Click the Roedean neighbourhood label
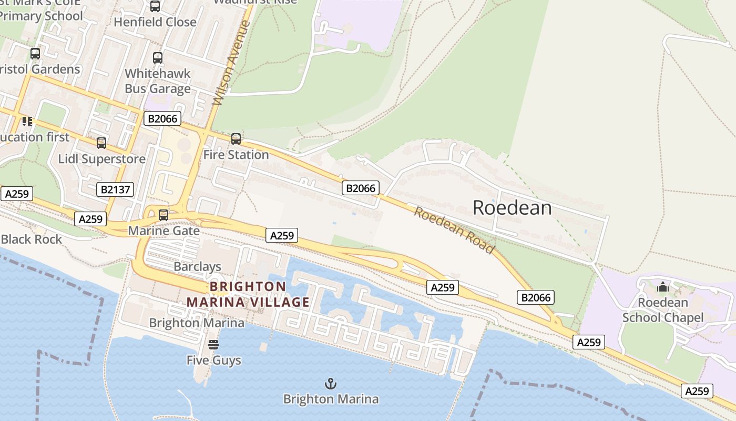[x=512, y=207]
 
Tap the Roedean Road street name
[x=454, y=230]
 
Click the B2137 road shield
[x=115, y=189]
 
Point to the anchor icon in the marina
[x=331, y=384]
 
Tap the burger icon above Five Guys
[x=213, y=345]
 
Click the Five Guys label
[x=213, y=360]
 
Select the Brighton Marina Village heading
[x=248, y=295]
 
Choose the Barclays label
[x=197, y=267]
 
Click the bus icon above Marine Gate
[x=163, y=215]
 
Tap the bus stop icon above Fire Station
[x=236, y=139]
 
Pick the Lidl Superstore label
[x=101, y=159]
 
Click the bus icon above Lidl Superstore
[x=101, y=143]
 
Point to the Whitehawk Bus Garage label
[x=157, y=81]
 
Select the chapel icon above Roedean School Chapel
[x=663, y=287]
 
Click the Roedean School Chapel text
[x=663, y=310]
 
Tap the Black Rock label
[x=32, y=239]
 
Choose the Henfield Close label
[x=155, y=22]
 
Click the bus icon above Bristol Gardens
[x=35, y=54]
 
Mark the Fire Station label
[x=236, y=155]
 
